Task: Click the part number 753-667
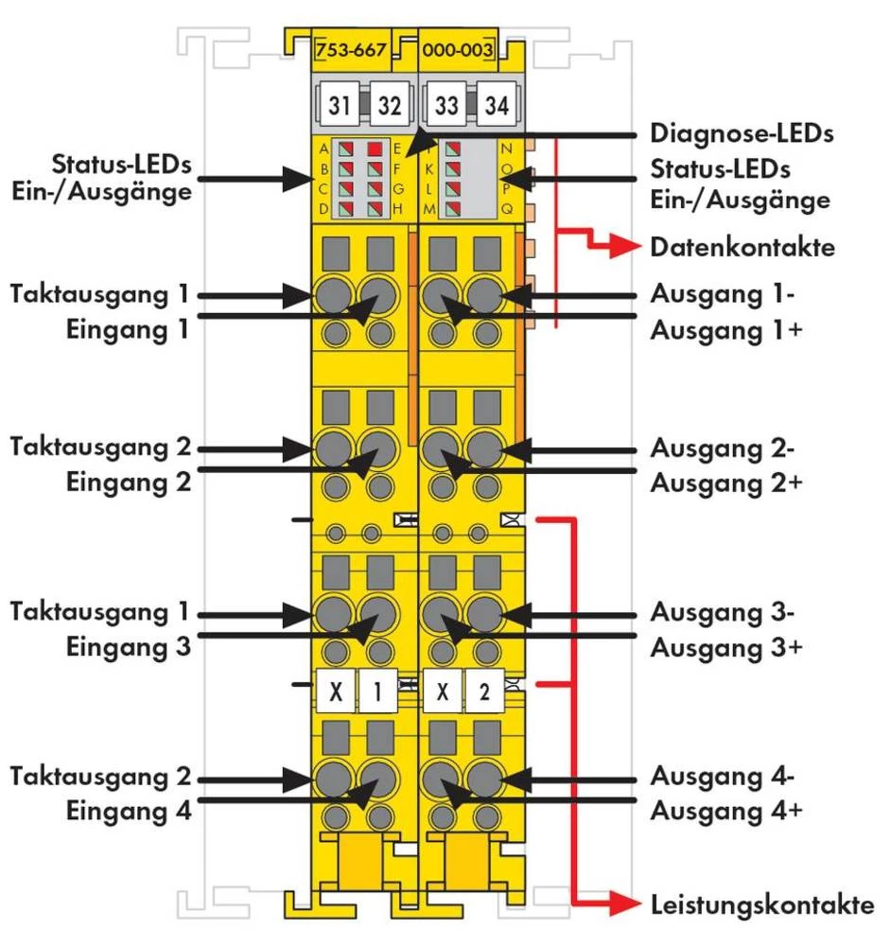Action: [351, 50]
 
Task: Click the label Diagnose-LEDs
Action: [742, 133]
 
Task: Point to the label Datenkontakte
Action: [742, 248]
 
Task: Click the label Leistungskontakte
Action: [762, 904]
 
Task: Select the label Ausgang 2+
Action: [726, 482]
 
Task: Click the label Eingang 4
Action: [129, 811]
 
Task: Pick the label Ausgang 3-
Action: [722, 611]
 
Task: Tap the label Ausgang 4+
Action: [726, 811]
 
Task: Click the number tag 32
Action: [389, 105]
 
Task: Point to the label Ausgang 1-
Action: [722, 293]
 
